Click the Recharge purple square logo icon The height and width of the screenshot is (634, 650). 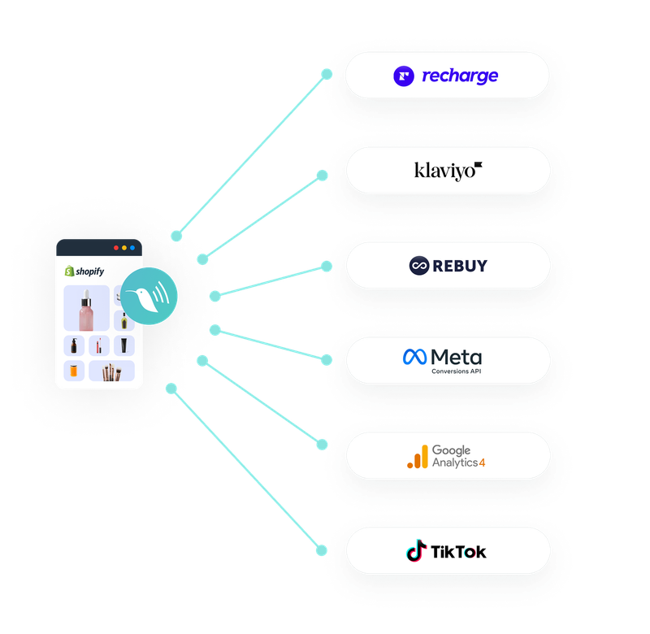[x=404, y=76]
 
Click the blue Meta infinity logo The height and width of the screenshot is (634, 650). [x=414, y=357]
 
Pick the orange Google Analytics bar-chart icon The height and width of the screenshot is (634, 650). [x=417, y=458]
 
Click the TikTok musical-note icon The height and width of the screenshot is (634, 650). [x=416, y=552]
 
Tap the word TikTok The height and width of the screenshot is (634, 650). [x=459, y=552]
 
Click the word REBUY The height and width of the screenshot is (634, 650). [x=461, y=266]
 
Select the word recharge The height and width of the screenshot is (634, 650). [x=460, y=76]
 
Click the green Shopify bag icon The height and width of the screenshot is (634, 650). [x=70, y=271]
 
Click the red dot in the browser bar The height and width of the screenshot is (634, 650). [x=116, y=247]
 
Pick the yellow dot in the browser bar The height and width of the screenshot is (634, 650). [x=124, y=247]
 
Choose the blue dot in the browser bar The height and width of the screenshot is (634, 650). [x=132, y=247]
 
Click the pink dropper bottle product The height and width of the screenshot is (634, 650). [x=84, y=309]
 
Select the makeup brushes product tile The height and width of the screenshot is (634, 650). [x=111, y=371]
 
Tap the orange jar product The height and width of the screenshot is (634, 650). [x=75, y=371]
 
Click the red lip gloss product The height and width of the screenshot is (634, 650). [x=99, y=345]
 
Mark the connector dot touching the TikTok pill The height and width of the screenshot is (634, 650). [x=323, y=550]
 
